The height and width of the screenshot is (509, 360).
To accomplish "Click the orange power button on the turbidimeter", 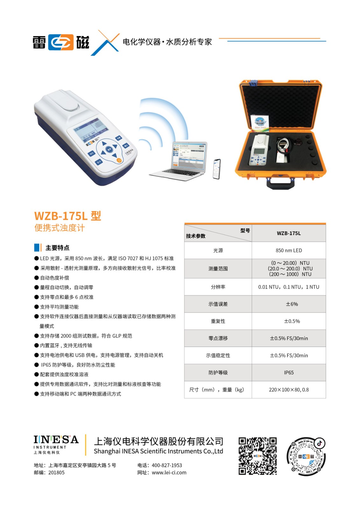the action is (x=119, y=160).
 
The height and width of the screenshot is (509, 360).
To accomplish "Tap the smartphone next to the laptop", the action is (x=216, y=169).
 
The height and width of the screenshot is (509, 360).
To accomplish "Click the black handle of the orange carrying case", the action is (x=281, y=183).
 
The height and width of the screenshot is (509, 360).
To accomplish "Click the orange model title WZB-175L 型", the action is (x=67, y=216).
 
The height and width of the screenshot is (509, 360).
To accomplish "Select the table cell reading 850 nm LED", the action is (x=289, y=250).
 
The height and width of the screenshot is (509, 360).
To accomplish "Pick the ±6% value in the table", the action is (x=292, y=304).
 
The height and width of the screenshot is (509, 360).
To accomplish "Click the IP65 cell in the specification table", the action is (x=289, y=373).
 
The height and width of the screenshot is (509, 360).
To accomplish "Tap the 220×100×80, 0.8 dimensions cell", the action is (x=289, y=390).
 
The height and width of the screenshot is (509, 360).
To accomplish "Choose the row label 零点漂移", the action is (x=218, y=338).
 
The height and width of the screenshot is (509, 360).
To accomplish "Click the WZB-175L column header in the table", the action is (x=289, y=234).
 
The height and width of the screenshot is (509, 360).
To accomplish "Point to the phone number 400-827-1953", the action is (x=167, y=465).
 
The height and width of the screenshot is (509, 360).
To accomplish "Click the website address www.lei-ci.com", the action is (x=169, y=472).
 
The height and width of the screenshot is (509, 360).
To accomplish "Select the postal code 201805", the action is (x=56, y=472).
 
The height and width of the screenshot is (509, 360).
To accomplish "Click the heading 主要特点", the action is (x=57, y=248).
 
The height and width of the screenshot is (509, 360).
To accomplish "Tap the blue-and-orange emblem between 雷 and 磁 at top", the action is (x=61, y=42).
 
